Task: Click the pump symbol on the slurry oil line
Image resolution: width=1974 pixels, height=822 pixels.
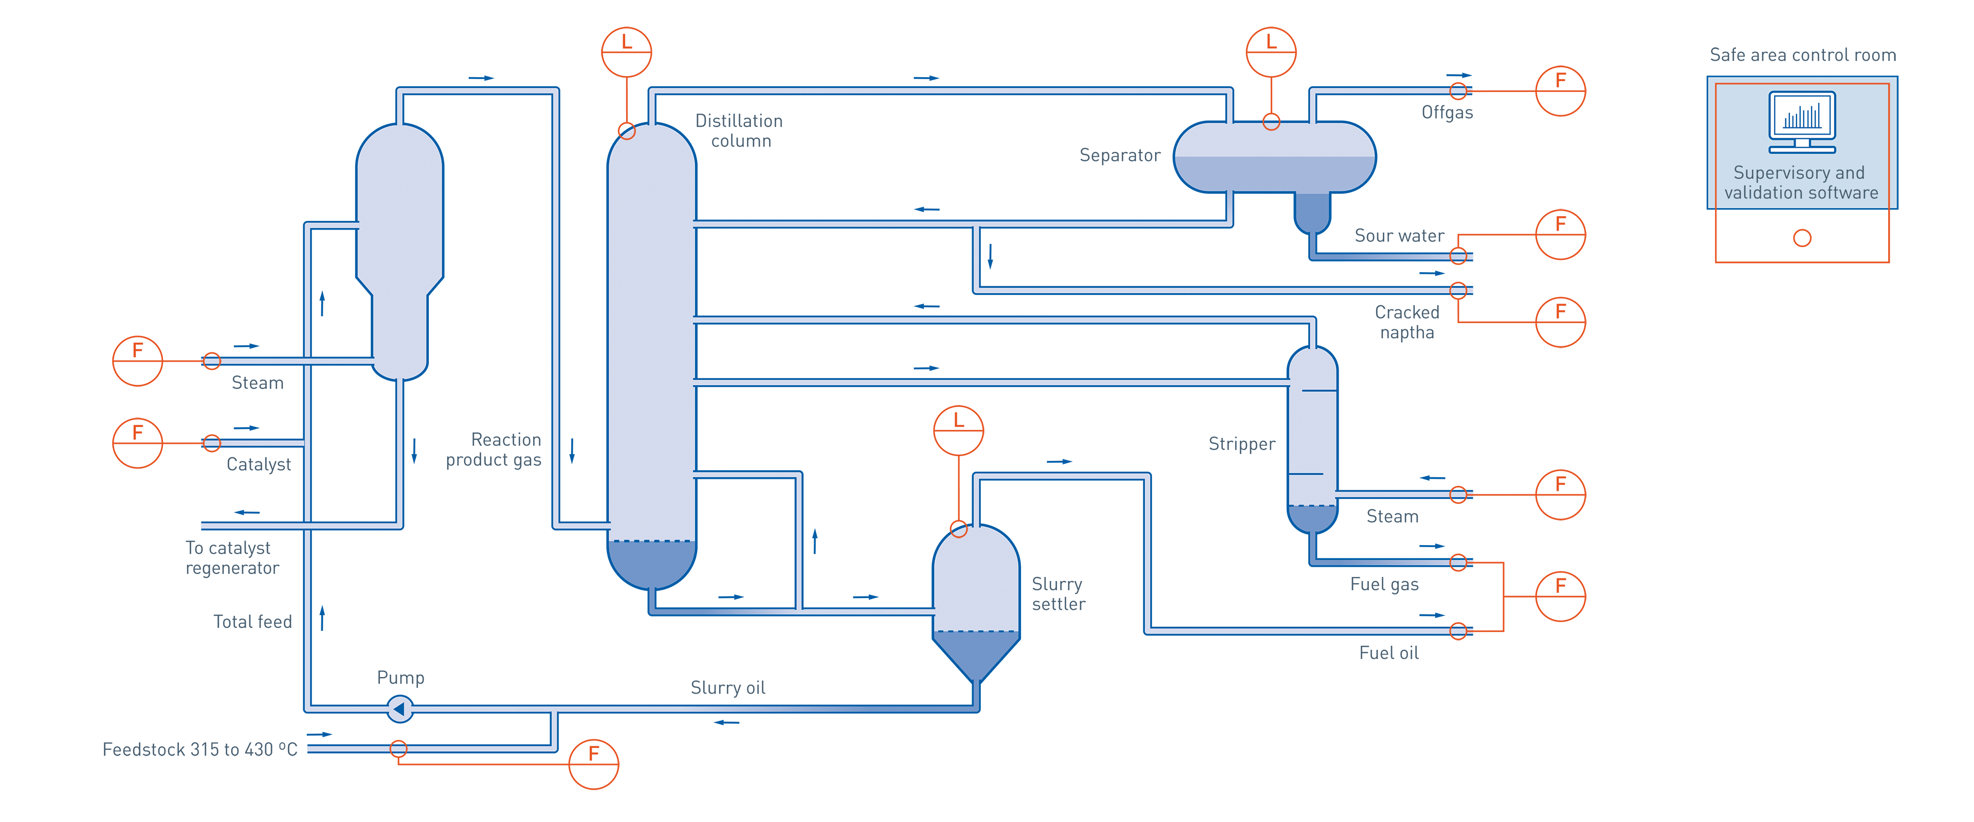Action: pyautogui.click(x=399, y=708)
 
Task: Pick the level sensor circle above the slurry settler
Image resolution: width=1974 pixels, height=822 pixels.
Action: pyautogui.click(x=958, y=431)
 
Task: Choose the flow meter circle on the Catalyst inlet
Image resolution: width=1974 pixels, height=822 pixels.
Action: pyautogui.click(x=138, y=443)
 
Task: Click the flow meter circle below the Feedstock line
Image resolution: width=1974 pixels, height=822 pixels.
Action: pyautogui.click(x=594, y=764)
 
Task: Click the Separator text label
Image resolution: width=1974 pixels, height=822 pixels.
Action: pyautogui.click(x=1119, y=156)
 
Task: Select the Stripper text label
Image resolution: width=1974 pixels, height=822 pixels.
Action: pyautogui.click(x=1241, y=443)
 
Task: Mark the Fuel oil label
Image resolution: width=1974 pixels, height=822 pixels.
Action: pyautogui.click(x=1388, y=652)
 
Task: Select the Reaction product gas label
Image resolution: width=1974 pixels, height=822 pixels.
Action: pyautogui.click(x=494, y=450)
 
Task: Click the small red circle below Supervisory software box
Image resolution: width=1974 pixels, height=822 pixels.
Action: pyautogui.click(x=1802, y=238)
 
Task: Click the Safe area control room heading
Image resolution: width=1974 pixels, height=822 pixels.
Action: pyautogui.click(x=1802, y=55)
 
